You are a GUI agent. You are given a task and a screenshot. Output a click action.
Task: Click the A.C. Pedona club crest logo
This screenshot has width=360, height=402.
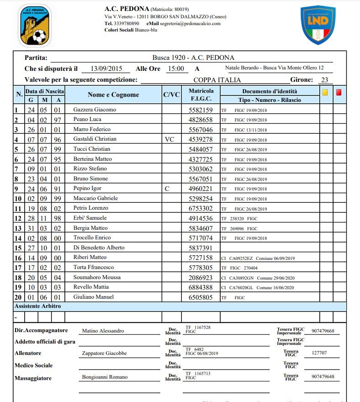tap(35, 26)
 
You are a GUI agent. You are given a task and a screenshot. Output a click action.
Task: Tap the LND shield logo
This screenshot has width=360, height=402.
tap(318, 25)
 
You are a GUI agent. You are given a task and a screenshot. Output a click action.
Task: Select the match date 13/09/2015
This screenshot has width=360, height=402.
tap(106, 69)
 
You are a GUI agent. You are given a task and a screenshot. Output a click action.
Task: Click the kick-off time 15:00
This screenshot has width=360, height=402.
tap(175, 69)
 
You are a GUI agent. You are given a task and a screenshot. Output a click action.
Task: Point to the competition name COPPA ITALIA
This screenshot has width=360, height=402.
tap(217, 80)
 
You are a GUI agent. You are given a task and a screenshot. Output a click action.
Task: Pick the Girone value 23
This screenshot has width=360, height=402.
tap(325, 80)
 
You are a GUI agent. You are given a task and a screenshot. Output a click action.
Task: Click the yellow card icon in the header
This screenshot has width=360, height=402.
tap(325, 92)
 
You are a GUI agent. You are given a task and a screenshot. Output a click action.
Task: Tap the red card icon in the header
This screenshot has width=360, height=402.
tap(339, 92)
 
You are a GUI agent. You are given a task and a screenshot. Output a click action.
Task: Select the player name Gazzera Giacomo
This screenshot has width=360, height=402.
tap(95, 110)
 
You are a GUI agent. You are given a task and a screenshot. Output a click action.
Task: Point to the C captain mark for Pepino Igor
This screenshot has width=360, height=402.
tap(167, 188)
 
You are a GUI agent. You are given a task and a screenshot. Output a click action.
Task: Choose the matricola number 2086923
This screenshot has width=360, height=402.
tap(201, 277)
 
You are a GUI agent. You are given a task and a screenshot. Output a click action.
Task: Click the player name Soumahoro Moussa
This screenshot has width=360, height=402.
tap(97, 277)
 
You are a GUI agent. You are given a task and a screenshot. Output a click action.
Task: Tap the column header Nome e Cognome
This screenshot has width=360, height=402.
tap(113, 95)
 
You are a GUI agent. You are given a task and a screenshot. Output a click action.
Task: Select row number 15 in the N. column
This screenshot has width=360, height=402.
tap(18, 248)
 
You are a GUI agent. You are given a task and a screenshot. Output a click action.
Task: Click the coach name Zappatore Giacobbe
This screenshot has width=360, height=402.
tap(104, 353)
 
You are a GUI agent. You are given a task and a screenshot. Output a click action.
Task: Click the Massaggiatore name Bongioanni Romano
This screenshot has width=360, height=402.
tap(105, 377)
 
